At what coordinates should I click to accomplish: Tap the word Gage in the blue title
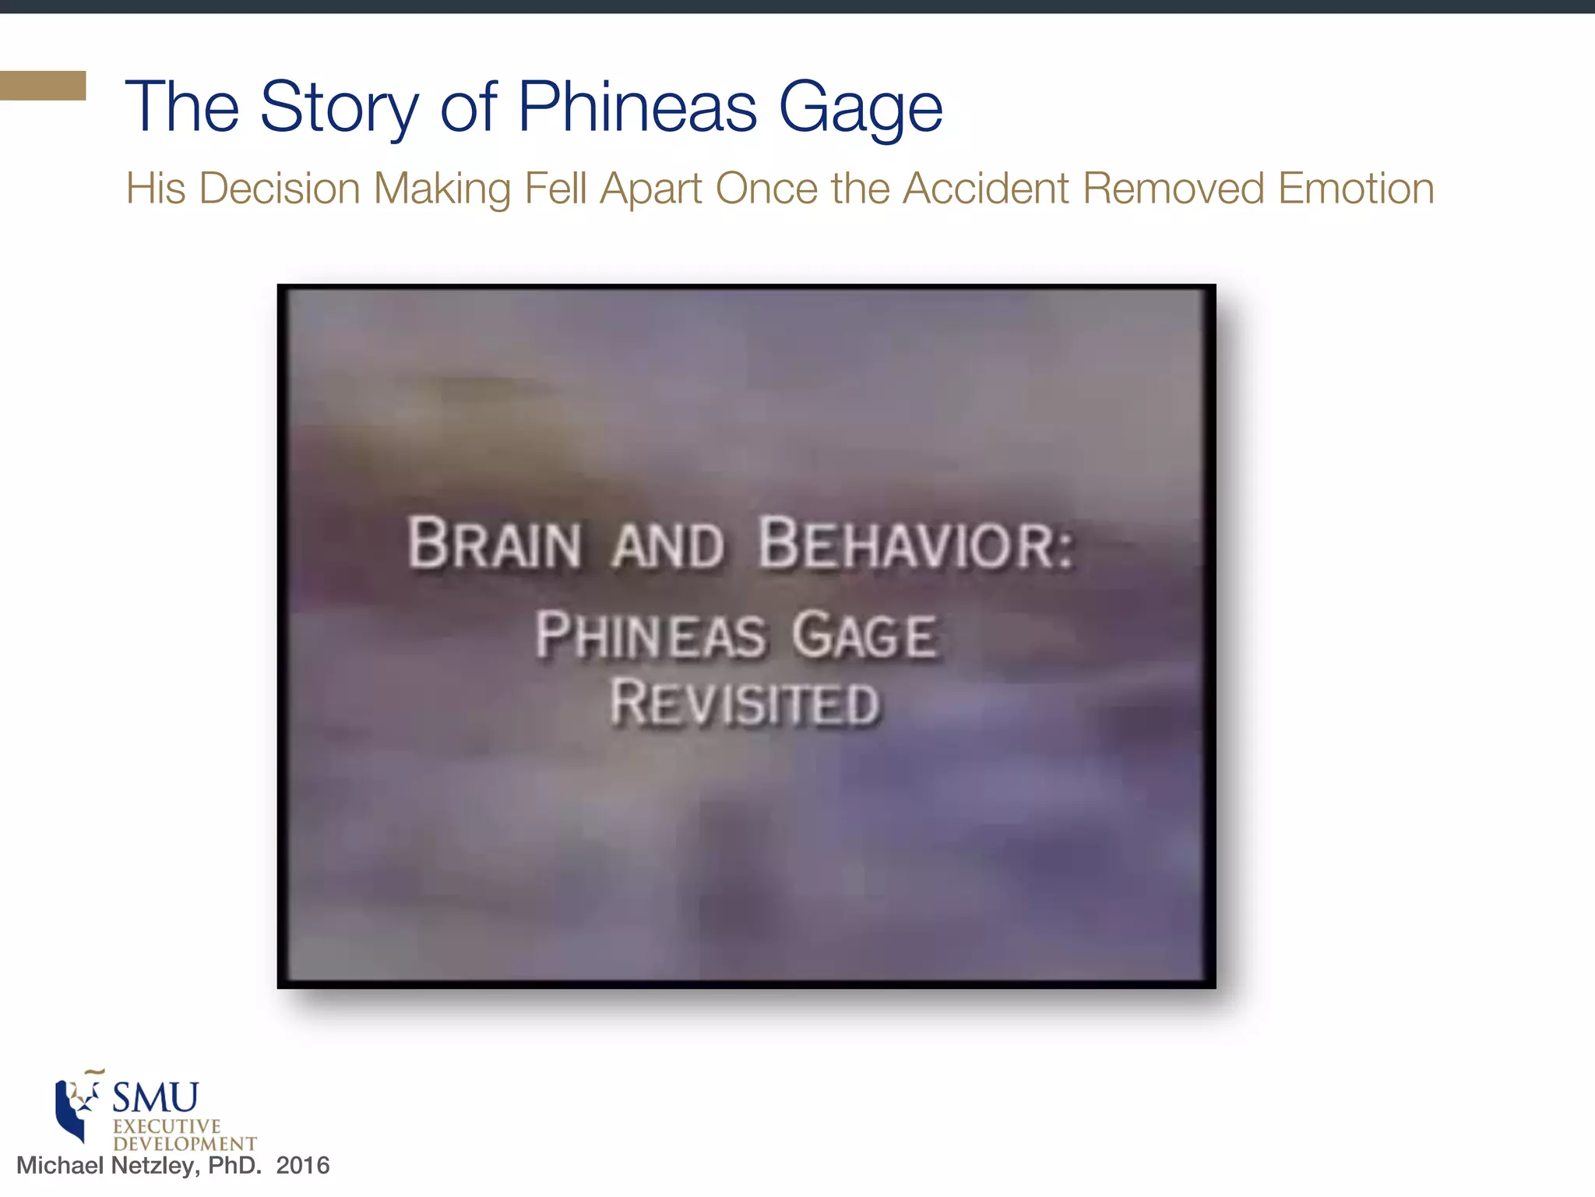pos(860,109)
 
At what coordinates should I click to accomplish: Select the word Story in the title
pos(340,109)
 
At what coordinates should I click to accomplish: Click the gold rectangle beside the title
pos(43,86)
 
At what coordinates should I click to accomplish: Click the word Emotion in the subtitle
pos(1355,189)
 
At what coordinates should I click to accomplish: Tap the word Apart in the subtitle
pos(650,190)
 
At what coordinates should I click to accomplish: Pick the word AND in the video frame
pos(668,546)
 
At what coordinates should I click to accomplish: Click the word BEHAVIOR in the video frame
pos(915,543)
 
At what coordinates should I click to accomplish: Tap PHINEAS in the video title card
pos(650,635)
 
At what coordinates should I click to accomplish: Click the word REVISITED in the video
pos(745,703)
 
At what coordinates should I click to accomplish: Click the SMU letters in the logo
pos(155,1098)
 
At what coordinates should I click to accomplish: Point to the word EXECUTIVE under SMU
pos(167,1127)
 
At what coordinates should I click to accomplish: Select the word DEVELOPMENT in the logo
pos(185,1144)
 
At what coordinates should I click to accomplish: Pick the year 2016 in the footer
pos(303,1166)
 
